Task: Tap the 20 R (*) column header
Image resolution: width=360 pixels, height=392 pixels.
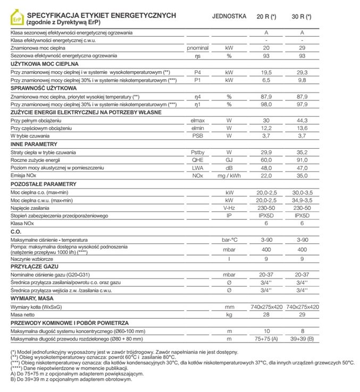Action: coord(266,15)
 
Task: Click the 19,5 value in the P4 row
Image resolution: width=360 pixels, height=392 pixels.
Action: coord(266,72)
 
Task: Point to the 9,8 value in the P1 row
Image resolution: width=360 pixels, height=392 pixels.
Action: coord(302,80)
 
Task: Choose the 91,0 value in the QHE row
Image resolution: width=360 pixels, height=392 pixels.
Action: coord(302,160)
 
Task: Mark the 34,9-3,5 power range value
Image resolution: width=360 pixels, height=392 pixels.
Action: coord(302,200)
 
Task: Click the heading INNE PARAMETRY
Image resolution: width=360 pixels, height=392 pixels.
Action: coord(36,144)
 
